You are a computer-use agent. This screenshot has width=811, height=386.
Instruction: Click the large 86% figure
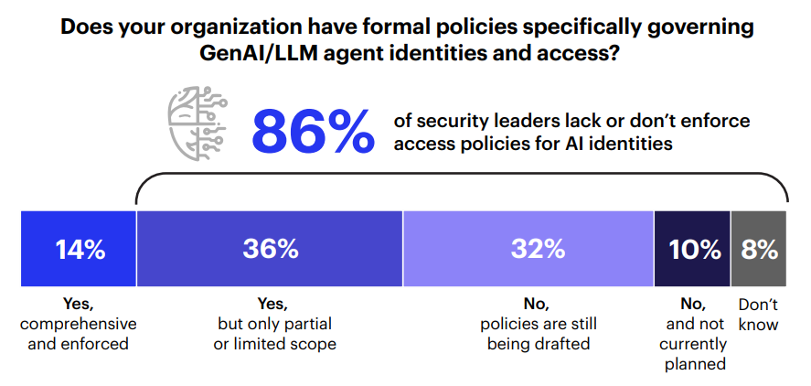click(313, 132)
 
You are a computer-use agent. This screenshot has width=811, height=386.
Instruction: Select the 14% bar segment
click(80, 249)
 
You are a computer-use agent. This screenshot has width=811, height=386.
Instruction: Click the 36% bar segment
click(270, 249)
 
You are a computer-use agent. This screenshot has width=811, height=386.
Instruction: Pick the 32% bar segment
click(528, 249)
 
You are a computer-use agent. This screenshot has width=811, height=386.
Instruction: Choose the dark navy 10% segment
click(692, 249)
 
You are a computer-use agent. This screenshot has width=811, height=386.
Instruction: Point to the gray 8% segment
click(759, 249)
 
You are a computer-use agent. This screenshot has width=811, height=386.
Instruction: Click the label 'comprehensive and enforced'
click(78, 334)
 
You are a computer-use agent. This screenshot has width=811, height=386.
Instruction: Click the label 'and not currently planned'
click(692, 344)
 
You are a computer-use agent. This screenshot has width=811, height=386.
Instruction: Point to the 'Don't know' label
click(759, 314)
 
